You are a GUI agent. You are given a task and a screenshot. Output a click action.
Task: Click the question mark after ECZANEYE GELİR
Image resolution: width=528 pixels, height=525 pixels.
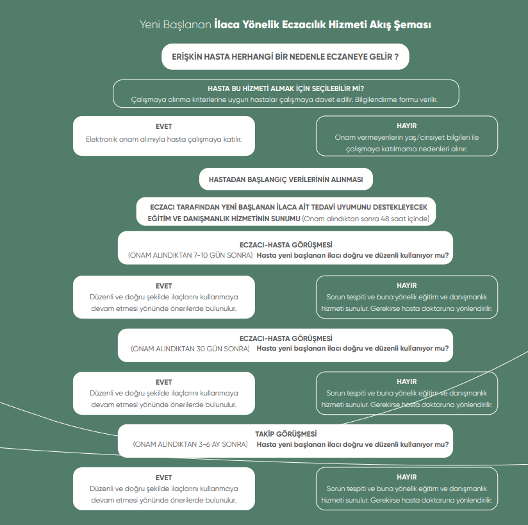[397, 56]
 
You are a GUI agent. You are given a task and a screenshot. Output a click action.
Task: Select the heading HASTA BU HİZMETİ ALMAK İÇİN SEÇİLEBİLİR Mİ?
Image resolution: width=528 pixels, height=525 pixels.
[286, 88]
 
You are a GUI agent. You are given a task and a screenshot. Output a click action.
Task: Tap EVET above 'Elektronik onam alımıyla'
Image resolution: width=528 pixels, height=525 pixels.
[163, 126]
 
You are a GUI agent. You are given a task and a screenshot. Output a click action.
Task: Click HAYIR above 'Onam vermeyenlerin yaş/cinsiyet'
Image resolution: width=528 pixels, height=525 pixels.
[407, 126]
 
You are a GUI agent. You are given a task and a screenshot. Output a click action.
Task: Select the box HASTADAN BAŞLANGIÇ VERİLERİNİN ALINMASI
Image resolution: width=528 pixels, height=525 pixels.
[286, 179]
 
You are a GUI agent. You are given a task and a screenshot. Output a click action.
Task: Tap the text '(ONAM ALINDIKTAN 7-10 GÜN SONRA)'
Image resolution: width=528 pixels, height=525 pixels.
[190, 255]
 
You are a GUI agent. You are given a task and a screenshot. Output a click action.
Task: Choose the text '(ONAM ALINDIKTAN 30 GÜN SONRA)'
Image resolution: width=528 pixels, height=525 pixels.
[190, 349]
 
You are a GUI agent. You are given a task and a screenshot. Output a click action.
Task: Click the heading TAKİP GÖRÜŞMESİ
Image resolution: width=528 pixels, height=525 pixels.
[286, 434]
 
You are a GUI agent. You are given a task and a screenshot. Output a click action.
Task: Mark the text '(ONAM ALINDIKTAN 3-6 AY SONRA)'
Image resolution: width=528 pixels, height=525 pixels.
[190, 444]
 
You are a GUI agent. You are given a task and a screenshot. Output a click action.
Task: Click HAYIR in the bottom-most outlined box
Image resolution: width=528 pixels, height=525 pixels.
[407, 477]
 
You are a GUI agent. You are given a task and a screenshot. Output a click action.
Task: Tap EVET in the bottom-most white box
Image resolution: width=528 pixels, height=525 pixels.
[163, 478]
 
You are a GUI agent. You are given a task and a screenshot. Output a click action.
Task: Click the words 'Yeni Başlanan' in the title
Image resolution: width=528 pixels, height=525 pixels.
[176, 25]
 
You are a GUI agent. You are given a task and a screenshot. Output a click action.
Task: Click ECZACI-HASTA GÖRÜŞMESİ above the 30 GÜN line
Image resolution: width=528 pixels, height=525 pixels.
[286, 338]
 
